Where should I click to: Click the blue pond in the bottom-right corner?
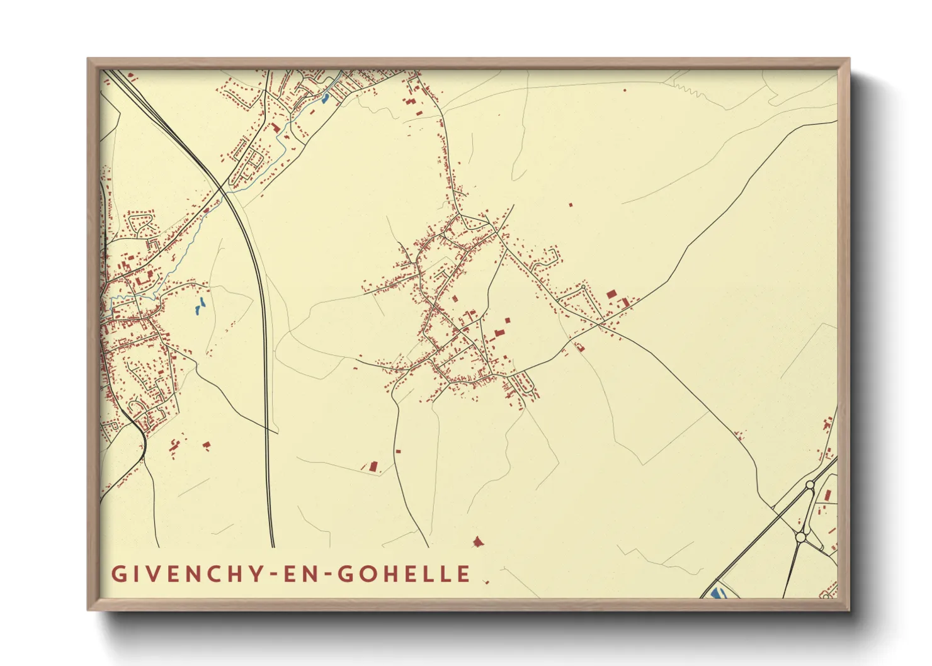click(716, 592)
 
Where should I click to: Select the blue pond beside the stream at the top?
click(326, 98)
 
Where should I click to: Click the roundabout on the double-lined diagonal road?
click(809, 485)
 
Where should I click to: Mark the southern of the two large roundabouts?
click(800, 537)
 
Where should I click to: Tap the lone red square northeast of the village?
click(571, 205)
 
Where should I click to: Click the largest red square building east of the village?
click(611, 294)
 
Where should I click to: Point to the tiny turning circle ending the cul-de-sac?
click(583, 287)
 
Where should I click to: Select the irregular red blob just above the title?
click(479, 541)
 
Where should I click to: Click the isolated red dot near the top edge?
click(625, 90)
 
